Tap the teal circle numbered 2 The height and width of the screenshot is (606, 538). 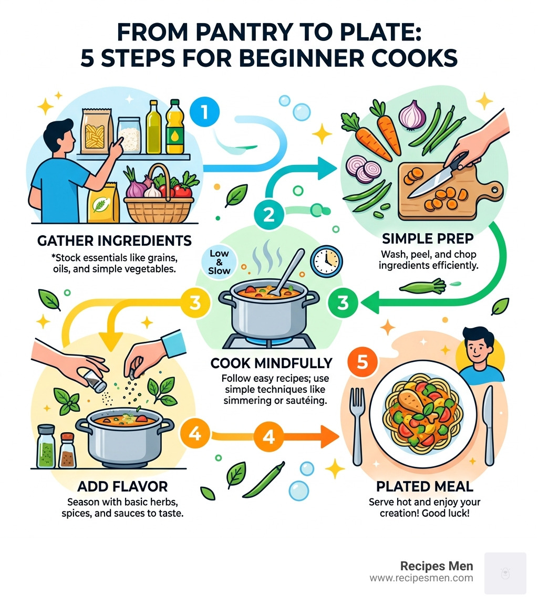[x=268, y=214]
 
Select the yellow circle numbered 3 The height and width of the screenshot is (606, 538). [x=195, y=302]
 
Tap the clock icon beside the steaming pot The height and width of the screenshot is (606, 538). [x=326, y=261]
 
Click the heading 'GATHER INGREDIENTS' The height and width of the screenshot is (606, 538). [x=114, y=241]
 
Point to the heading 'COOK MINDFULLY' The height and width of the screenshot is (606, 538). [x=271, y=363]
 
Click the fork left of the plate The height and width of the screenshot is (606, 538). [x=357, y=424]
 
